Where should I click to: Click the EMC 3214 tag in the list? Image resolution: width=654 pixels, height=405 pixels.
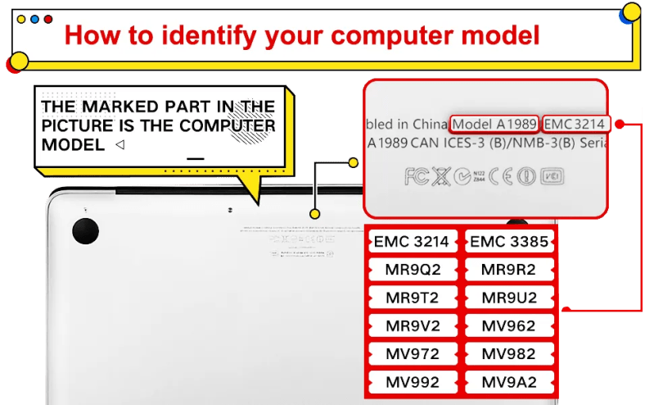pyautogui.click(x=412, y=242)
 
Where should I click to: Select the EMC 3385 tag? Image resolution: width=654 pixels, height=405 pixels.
pyautogui.click(x=508, y=242)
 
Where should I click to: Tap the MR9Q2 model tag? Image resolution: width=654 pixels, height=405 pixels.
pyautogui.click(x=412, y=270)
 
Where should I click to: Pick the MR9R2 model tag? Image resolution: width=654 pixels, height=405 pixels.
pyautogui.click(x=508, y=270)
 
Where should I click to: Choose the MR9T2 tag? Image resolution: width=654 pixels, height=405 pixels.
pyautogui.click(x=412, y=298)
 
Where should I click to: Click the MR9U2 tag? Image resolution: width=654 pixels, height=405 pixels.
pyautogui.click(x=508, y=298)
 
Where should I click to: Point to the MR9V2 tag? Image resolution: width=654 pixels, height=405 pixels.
pyautogui.click(x=412, y=325)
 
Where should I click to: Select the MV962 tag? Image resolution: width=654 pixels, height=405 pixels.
pyautogui.click(x=508, y=325)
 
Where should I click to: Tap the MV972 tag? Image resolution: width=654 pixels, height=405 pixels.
pyautogui.click(x=412, y=354)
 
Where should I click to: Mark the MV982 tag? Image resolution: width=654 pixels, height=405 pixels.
pyautogui.click(x=508, y=354)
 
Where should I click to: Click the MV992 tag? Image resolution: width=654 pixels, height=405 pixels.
pyautogui.click(x=412, y=382)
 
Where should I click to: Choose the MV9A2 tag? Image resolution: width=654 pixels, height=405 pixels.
pyautogui.click(x=508, y=382)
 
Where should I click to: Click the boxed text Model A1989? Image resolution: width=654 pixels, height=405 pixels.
pyautogui.click(x=494, y=125)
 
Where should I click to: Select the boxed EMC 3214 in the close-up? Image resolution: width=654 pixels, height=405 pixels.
pyautogui.click(x=575, y=125)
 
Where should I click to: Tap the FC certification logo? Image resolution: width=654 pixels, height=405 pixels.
pyautogui.click(x=416, y=176)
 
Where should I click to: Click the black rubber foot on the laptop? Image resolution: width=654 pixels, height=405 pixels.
pyautogui.click(x=84, y=231)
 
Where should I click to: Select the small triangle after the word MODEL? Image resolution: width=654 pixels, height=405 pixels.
pyautogui.click(x=120, y=145)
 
